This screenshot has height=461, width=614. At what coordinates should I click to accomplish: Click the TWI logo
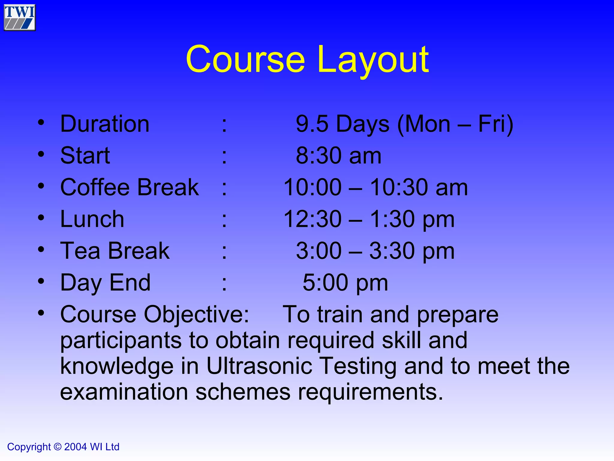point(20,17)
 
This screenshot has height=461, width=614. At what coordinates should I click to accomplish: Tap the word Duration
point(105,124)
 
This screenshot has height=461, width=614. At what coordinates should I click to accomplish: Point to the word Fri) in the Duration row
point(496,124)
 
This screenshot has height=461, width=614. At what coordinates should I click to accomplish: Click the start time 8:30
point(320,155)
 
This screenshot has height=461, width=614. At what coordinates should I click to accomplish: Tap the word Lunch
point(92,219)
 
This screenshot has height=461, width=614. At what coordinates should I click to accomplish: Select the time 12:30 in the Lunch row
point(312,219)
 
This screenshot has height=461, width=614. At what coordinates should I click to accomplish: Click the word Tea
point(80,251)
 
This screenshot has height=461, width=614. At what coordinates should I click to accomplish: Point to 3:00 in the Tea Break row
point(319,251)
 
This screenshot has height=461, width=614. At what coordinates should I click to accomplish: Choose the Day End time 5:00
point(326,283)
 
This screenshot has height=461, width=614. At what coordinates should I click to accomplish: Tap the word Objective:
point(196,315)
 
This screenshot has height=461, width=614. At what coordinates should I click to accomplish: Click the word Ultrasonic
point(259,366)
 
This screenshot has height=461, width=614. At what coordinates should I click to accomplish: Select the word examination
point(124,392)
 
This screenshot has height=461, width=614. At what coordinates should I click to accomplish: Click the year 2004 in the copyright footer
point(76,447)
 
